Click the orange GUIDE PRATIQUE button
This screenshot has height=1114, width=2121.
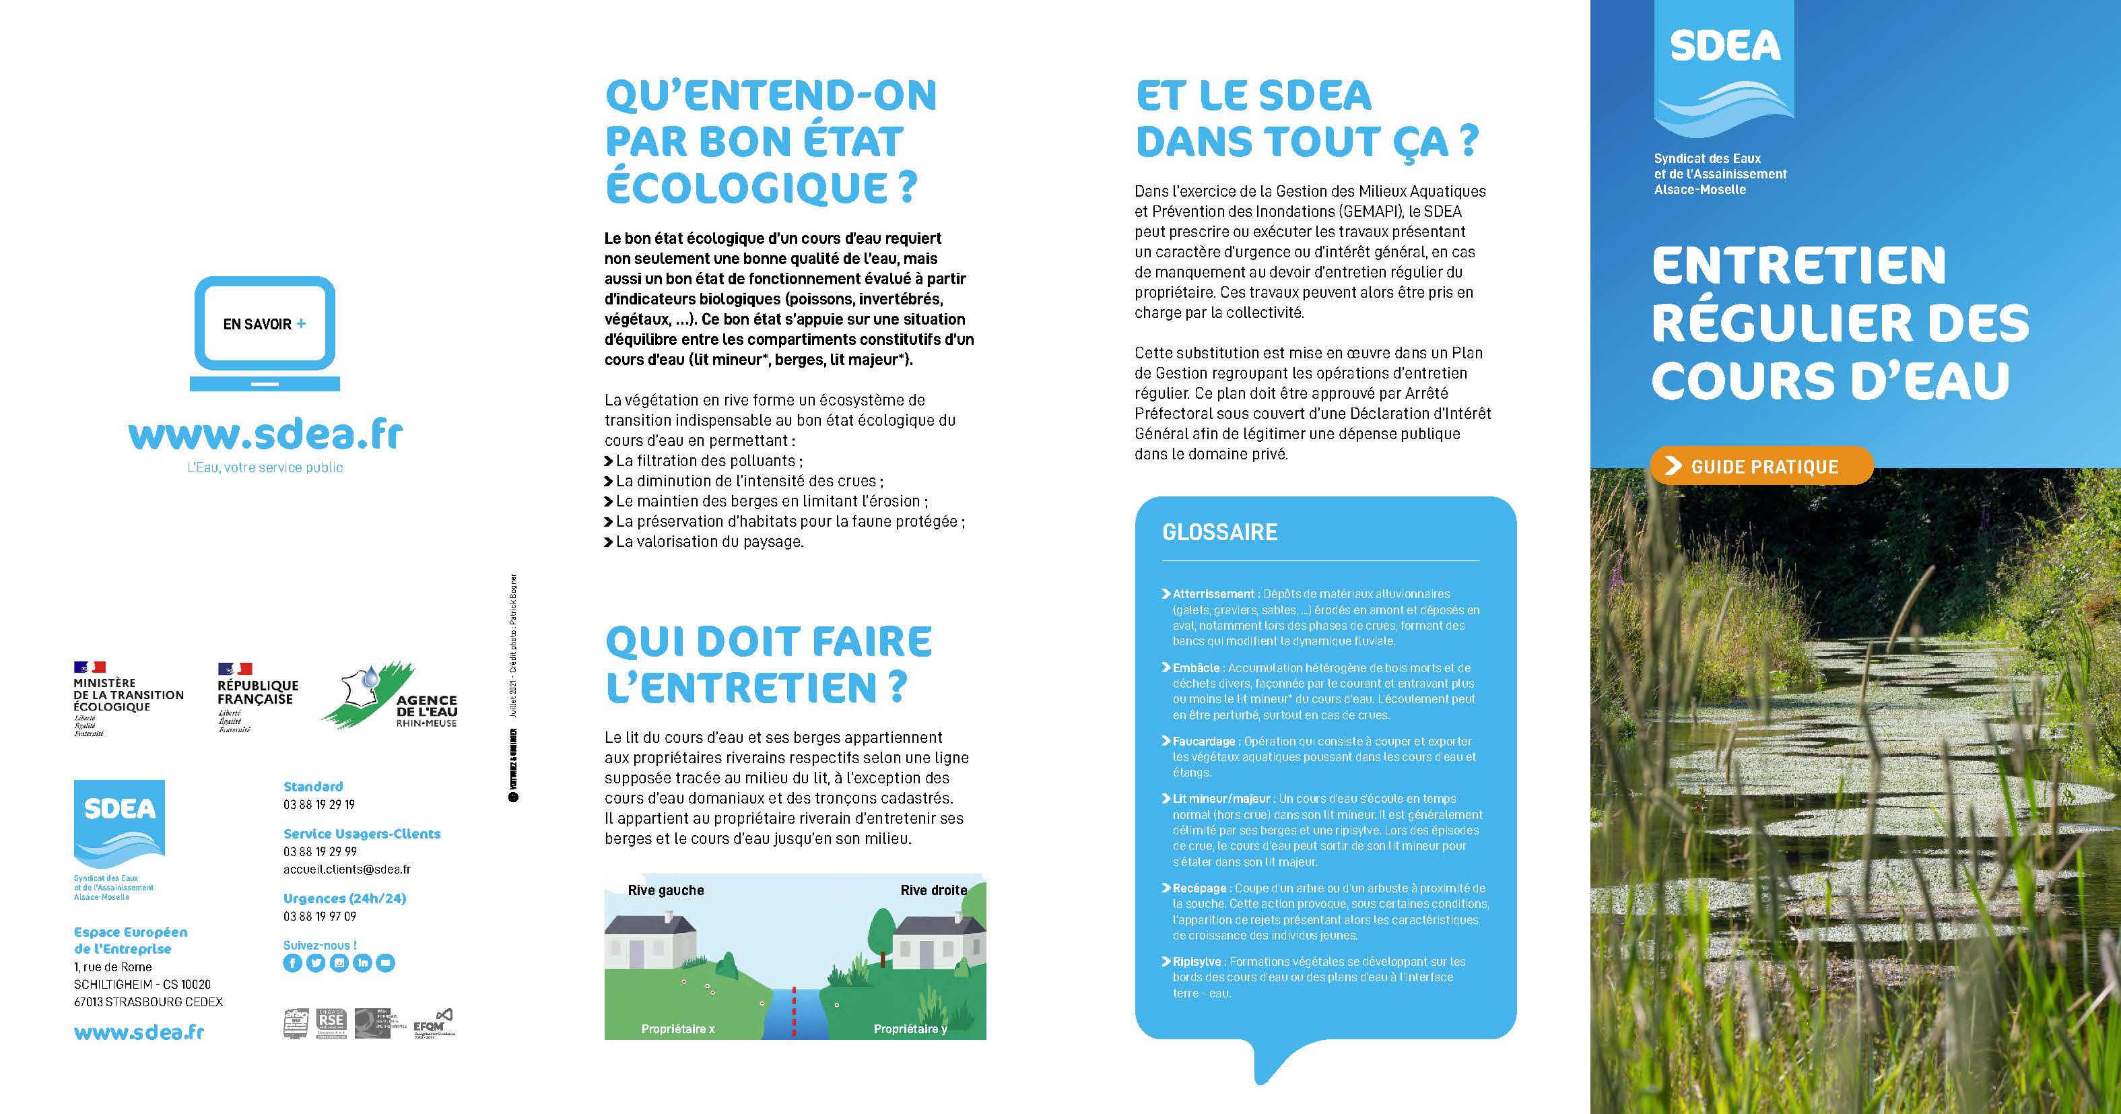(1762, 466)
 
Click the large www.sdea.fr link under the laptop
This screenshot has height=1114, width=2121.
(265, 434)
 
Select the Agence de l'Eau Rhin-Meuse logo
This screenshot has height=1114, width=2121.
(391, 696)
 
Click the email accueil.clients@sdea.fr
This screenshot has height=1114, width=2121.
(347, 869)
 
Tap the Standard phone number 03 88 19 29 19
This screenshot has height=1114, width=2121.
(318, 804)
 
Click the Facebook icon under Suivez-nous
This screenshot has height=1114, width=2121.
(292, 962)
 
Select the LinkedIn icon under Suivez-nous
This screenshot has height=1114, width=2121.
(362, 962)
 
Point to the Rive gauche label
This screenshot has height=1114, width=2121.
(665, 890)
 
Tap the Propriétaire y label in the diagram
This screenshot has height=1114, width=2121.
(910, 1029)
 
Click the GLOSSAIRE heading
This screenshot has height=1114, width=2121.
(1219, 532)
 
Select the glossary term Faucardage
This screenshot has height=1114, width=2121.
(1204, 741)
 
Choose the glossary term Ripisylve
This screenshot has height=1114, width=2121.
(1197, 962)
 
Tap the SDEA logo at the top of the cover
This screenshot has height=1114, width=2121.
(1724, 70)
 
